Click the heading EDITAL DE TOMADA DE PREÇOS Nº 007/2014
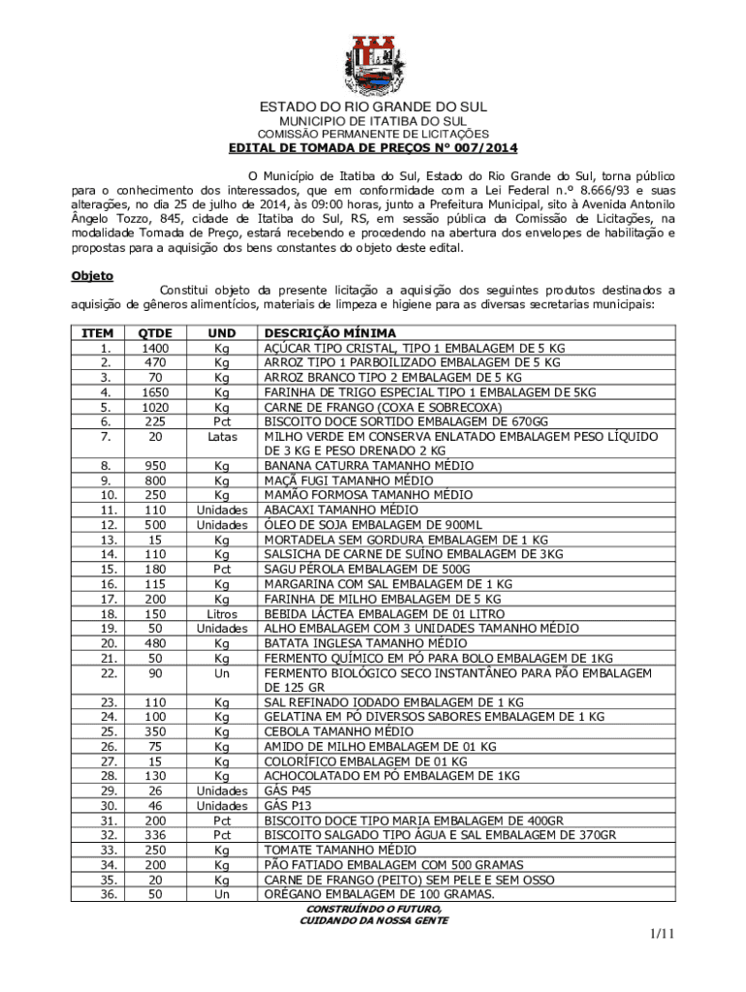pyautogui.click(x=373, y=148)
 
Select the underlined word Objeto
pyautogui.click(x=92, y=276)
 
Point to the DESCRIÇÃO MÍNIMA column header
pyautogui.click(x=330, y=333)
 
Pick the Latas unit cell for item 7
pyautogui.click(x=222, y=436)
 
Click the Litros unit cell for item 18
pyautogui.click(x=222, y=614)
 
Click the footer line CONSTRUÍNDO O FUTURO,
pyautogui.click(x=373, y=910)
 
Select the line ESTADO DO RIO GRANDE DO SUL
pyautogui.click(x=373, y=107)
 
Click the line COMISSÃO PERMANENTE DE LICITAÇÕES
pyautogui.click(x=373, y=134)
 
